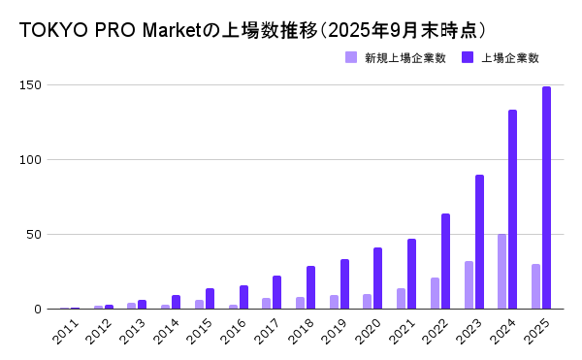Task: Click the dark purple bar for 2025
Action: click(x=546, y=198)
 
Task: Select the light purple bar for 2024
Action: click(x=501, y=272)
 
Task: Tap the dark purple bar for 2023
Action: click(x=479, y=242)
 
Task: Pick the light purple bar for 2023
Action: click(x=469, y=285)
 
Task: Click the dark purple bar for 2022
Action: click(x=445, y=261)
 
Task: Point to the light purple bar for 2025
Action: click(x=535, y=286)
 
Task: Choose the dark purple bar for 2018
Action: click(x=310, y=287)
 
